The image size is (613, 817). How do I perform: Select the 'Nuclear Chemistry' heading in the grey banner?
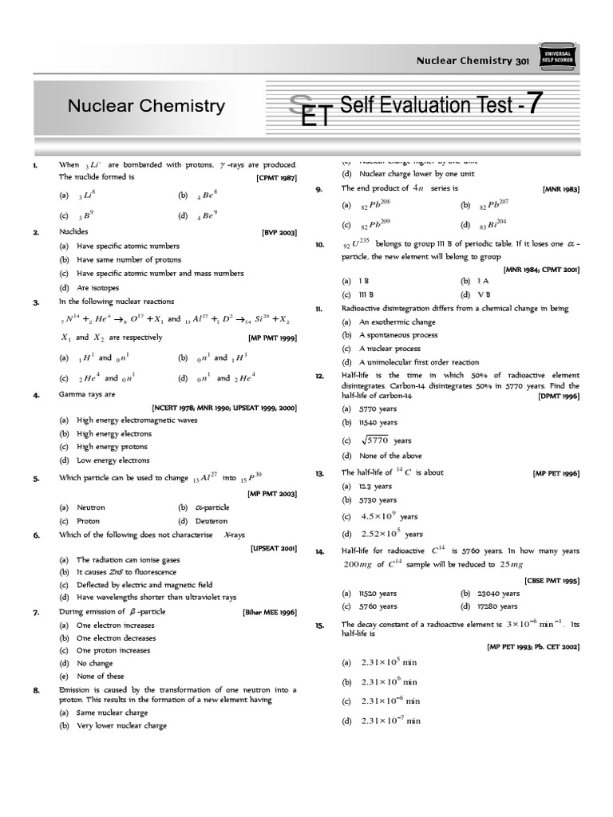click(x=146, y=106)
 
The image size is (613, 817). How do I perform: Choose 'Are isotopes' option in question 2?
click(x=97, y=287)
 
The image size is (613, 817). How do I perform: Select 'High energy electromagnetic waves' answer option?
click(x=136, y=420)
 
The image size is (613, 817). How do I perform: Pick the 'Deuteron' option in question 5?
click(x=212, y=520)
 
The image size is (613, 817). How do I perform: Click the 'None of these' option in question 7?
click(x=100, y=677)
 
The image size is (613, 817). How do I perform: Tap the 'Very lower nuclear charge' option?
click(x=121, y=726)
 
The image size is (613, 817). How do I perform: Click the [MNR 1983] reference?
click(x=560, y=189)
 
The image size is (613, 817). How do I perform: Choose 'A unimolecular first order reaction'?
click(x=419, y=361)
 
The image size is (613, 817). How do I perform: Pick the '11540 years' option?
click(x=378, y=422)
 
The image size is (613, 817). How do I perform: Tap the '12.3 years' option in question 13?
click(x=375, y=486)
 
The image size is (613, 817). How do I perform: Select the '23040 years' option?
click(x=499, y=594)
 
